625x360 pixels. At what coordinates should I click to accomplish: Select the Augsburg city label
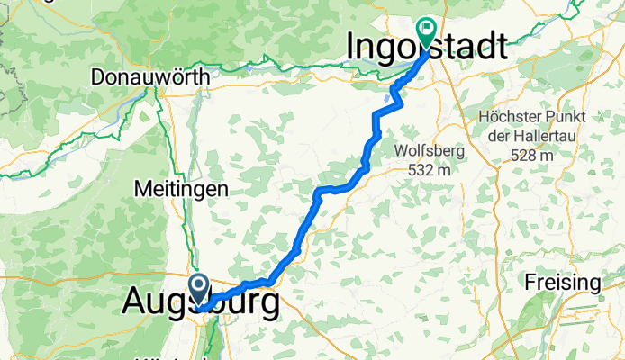(200, 305)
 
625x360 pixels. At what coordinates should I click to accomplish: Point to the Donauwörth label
(150, 78)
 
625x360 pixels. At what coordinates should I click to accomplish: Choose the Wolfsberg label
(429, 151)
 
